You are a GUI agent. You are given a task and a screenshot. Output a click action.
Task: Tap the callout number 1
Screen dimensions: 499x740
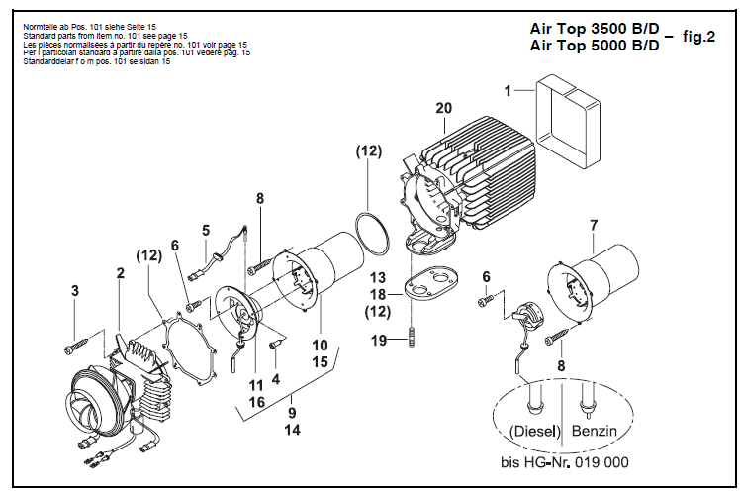(x=507, y=90)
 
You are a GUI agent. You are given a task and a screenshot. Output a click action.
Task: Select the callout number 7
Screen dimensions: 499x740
(x=592, y=226)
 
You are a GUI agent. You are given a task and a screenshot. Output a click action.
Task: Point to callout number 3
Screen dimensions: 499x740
(x=73, y=290)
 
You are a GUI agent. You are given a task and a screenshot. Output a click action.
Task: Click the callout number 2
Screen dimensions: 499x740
(x=120, y=271)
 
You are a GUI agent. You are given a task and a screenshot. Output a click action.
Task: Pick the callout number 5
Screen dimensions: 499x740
(x=206, y=231)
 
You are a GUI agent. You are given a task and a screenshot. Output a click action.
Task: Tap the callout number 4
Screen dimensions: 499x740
(x=276, y=377)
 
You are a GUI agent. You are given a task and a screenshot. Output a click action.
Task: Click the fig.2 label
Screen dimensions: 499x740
(x=696, y=37)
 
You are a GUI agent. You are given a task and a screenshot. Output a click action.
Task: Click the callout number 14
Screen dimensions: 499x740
(x=293, y=431)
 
